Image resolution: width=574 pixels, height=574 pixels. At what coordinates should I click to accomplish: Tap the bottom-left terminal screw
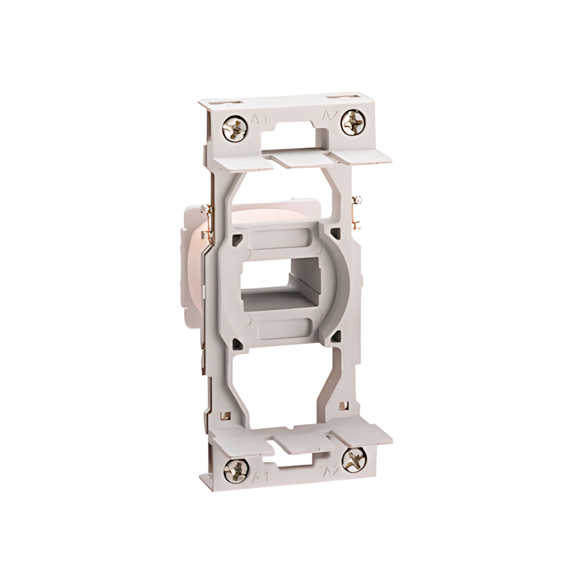point(236,471)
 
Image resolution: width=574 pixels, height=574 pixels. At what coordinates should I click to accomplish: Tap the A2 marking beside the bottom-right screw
point(331,471)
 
